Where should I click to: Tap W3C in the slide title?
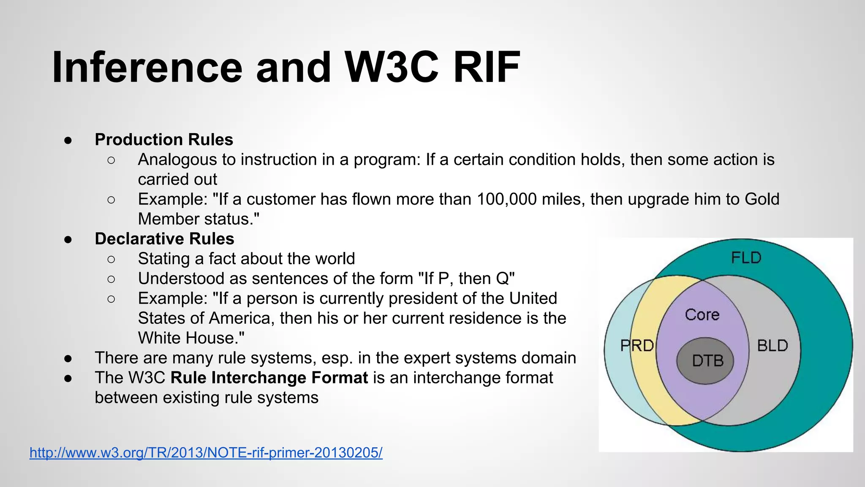392,68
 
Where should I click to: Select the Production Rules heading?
164,140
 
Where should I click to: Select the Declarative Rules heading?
164,239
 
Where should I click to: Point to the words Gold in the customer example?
762,199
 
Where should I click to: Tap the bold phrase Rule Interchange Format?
269,378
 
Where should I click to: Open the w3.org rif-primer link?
206,453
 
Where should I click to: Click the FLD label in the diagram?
746,258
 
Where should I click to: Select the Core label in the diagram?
702,315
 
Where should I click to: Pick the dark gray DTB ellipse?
705,361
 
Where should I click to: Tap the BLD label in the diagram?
773,346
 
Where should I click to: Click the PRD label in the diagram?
637,346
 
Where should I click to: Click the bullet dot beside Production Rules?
68,140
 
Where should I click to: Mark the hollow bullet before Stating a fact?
111,259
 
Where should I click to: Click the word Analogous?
177,160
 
